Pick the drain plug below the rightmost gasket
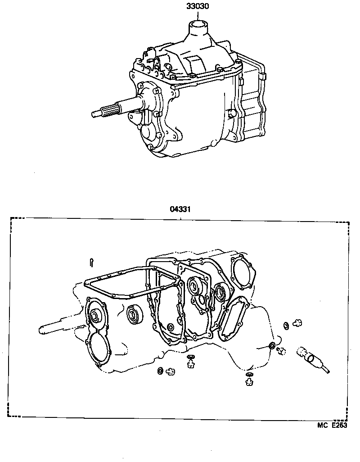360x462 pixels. (248, 382)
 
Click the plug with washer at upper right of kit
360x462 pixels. (296, 322)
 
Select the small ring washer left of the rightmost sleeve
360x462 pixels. (272, 346)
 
